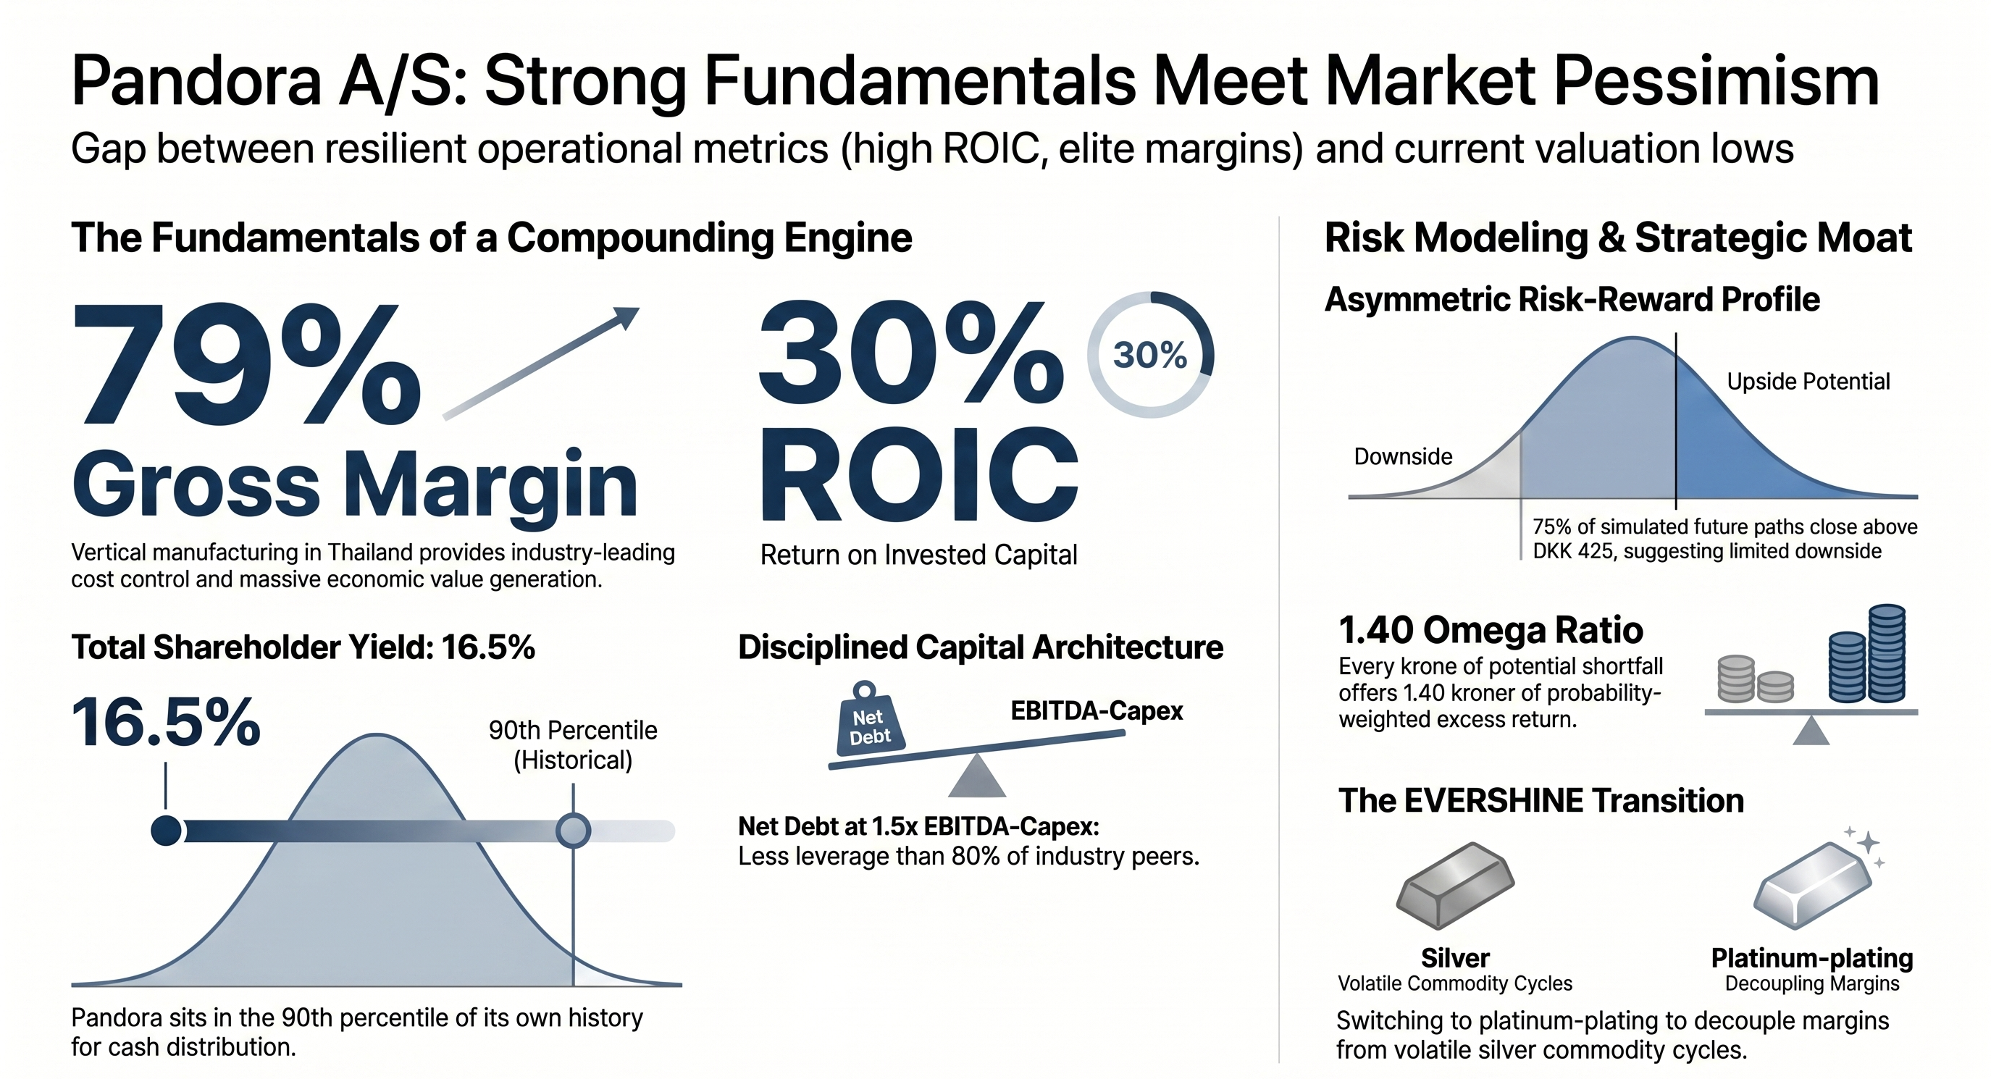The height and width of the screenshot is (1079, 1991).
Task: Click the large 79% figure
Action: click(x=247, y=364)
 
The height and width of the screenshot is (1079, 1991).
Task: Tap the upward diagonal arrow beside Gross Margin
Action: click(x=541, y=364)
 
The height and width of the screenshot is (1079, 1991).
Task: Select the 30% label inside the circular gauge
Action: click(x=1150, y=356)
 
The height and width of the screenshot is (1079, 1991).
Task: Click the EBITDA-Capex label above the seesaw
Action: click(x=1097, y=711)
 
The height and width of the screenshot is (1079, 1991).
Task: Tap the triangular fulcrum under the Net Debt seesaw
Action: click(x=977, y=776)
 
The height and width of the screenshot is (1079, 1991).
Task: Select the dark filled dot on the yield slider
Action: click(x=166, y=831)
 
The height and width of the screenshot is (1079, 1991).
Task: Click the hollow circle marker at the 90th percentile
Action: click(x=574, y=831)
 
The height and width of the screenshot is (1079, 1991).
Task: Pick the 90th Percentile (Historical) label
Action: click(x=573, y=745)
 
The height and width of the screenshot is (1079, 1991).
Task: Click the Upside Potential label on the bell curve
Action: click(x=1808, y=381)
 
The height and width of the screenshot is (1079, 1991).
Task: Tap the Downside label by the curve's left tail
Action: click(x=1403, y=457)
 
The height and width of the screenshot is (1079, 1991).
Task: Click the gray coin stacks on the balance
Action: click(x=1754, y=679)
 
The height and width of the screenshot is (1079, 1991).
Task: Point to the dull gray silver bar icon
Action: click(x=1454, y=885)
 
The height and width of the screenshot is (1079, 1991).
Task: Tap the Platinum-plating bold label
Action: click(x=1811, y=958)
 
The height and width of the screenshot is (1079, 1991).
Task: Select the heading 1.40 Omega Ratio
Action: click(x=1491, y=630)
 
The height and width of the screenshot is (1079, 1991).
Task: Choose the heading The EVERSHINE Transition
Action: click(x=1541, y=801)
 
